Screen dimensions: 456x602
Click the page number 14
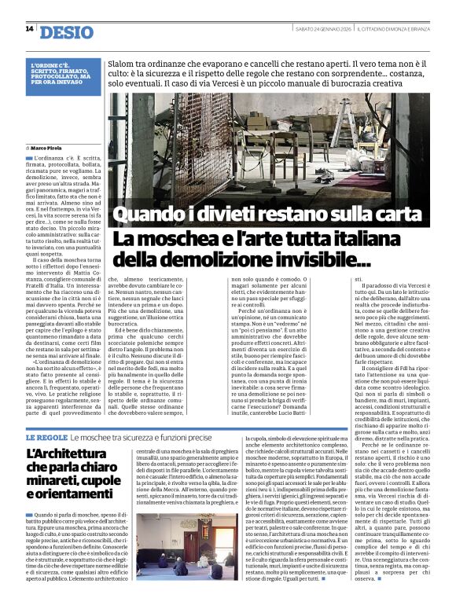coord(29,29)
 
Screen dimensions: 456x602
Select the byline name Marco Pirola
coord(50,148)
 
